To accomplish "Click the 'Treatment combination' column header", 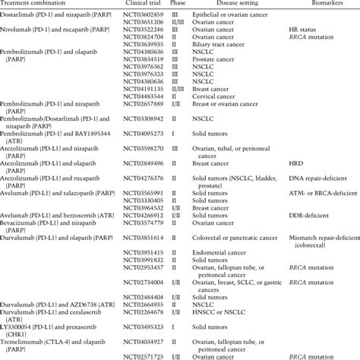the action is click(x=39, y=5).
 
